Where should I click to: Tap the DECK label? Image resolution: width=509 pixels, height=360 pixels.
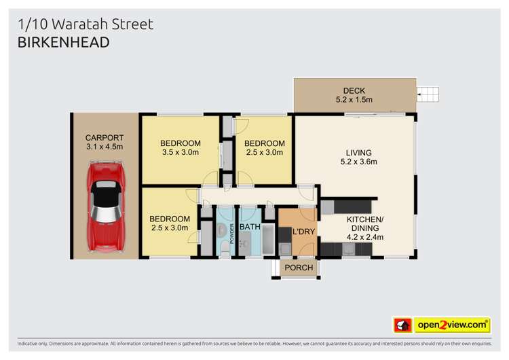[355, 90]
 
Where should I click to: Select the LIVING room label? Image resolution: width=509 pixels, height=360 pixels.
[358, 152]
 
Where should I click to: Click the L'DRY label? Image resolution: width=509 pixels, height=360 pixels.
[302, 232]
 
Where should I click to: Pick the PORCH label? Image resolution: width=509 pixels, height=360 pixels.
[299, 268]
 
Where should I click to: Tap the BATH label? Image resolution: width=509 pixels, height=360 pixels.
[250, 227]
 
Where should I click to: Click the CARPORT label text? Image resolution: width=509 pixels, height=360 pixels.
[104, 137]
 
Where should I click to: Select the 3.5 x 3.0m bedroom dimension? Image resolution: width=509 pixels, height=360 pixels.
[181, 152]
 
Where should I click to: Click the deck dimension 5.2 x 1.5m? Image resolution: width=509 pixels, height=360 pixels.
[355, 100]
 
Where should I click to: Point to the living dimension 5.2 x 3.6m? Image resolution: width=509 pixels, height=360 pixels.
[358, 162]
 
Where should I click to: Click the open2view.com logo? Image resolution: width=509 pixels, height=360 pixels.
[453, 325]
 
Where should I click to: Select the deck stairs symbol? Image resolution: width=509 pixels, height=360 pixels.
[429, 94]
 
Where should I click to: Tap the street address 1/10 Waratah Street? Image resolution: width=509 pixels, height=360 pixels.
[86, 24]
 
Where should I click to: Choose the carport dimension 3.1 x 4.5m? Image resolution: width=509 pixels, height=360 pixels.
[104, 147]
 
